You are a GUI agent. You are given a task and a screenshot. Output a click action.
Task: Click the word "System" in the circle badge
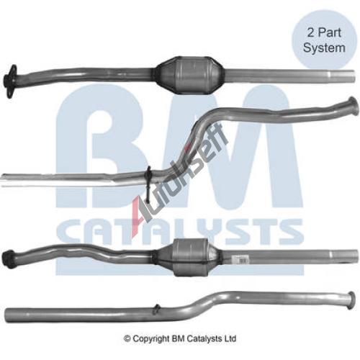[x=324, y=48]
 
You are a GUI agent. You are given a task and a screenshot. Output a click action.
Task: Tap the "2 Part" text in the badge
[x=324, y=32]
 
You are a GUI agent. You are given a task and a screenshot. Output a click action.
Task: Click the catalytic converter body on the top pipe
[x=190, y=76]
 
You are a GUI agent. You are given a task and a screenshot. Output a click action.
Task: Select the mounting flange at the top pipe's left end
[x=10, y=81]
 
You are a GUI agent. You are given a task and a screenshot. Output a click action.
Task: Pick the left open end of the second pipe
[x=4, y=181]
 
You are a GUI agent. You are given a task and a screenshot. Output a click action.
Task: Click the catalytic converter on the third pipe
[x=189, y=257]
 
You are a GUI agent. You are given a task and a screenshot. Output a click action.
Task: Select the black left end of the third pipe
[x=8, y=257]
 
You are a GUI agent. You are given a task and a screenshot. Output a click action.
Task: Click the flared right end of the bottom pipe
[x=351, y=300]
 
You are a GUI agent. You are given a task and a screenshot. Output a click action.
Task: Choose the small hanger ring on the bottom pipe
[x=157, y=309]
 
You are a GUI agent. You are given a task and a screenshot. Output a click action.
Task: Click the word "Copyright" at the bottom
[x=151, y=338]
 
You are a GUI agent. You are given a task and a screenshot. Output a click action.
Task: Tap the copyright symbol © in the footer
[x=127, y=338]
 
